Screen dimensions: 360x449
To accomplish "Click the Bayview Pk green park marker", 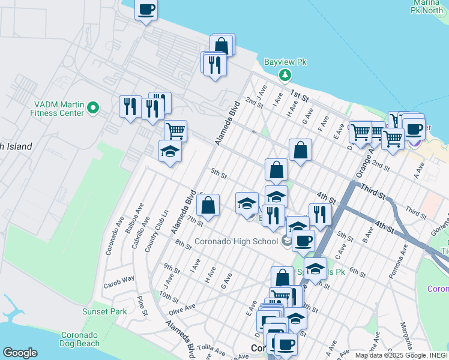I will pyautogui.click(x=285, y=75).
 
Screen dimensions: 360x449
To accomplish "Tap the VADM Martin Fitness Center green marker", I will pyautogui.click(x=92, y=108).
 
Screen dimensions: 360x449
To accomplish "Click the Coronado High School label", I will pyautogui.click(x=237, y=242).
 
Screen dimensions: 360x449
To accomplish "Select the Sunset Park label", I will pyautogui.click(x=104, y=311).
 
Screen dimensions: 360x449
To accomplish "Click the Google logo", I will pyautogui.click(x=20, y=353).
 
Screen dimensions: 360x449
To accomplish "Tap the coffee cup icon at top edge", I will pyautogui.click(x=146, y=10).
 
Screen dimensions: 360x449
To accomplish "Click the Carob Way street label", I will pyautogui.click(x=118, y=280).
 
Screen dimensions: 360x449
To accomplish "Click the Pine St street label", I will pyautogui.click(x=142, y=305).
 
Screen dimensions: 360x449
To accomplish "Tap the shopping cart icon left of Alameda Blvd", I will pyautogui.click(x=175, y=130).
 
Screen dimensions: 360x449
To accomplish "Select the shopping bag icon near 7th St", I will pyautogui.click(x=207, y=205).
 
